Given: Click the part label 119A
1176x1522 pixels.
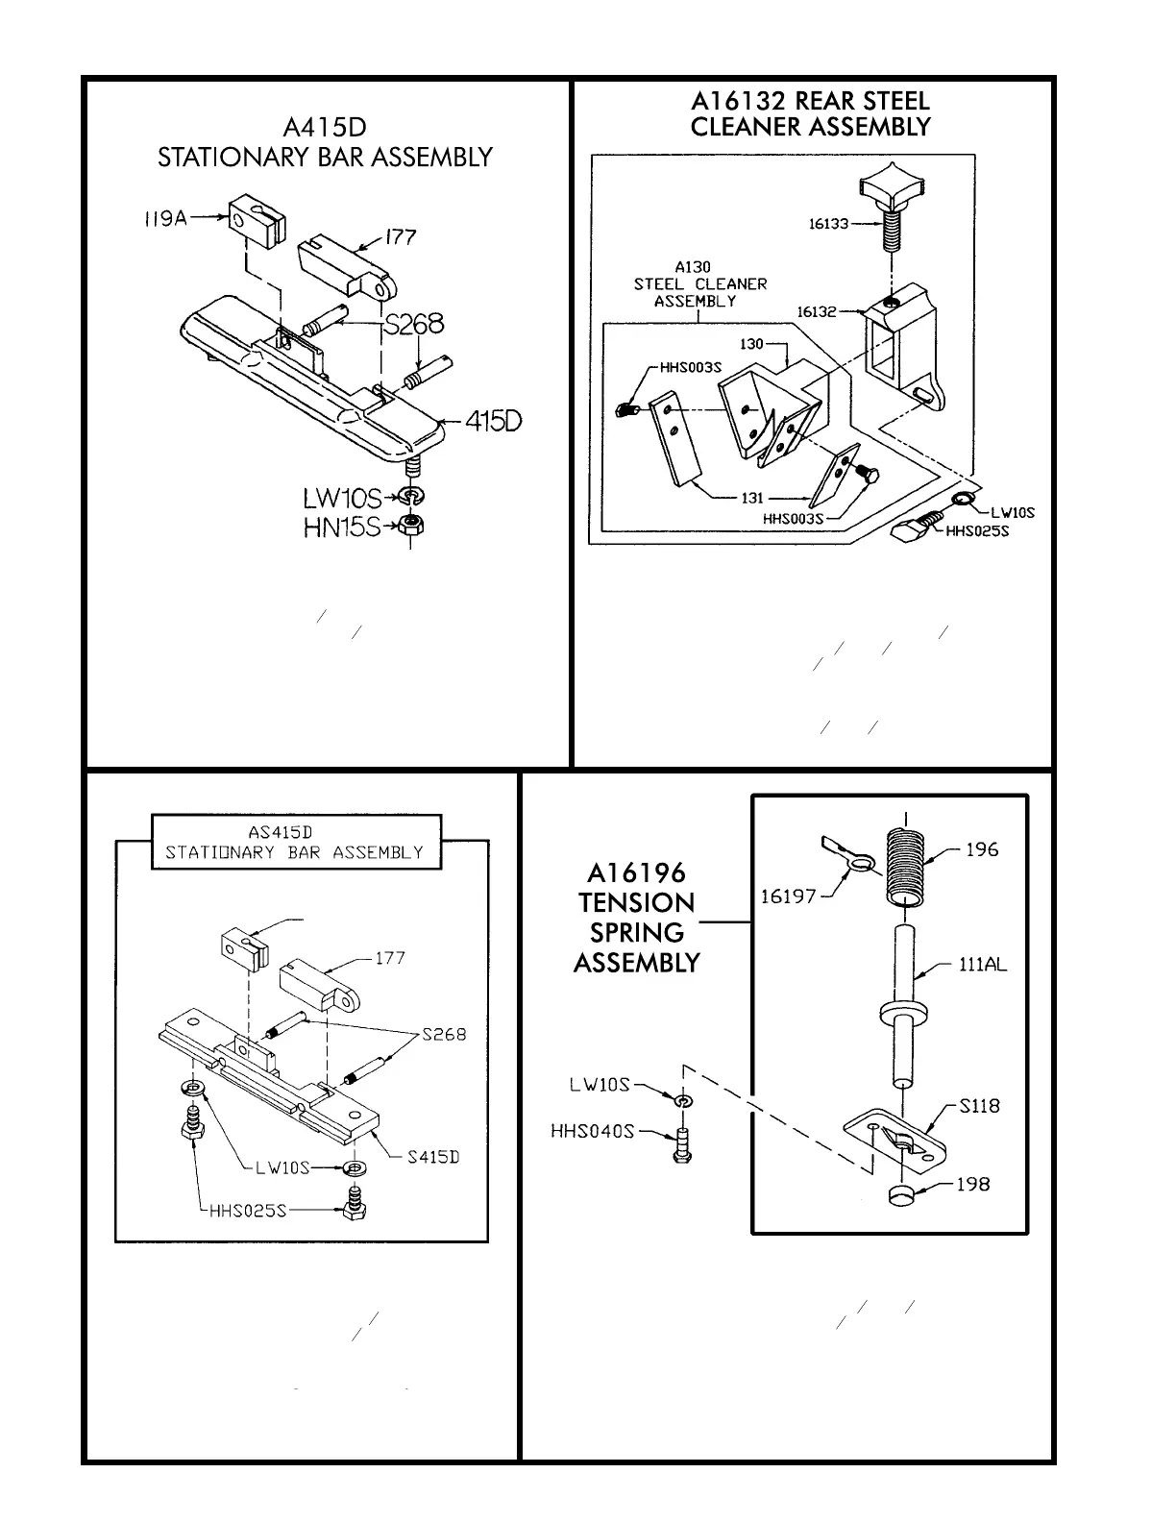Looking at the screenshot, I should (x=159, y=219).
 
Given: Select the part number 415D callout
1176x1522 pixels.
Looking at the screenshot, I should (x=493, y=421).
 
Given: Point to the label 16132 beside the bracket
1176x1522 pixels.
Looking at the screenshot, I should (x=817, y=311).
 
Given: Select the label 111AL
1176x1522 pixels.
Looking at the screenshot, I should (x=983, y=965).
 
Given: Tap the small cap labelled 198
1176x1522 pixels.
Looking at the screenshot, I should (x=901, y=1195).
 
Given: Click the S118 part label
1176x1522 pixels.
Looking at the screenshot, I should (x=979, y=1106).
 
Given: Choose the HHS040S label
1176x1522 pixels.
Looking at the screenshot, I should (x=593, y=1131).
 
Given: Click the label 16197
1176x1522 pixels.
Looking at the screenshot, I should (x=788, y=896).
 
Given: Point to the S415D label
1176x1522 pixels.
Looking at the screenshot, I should (x=432, y=1157).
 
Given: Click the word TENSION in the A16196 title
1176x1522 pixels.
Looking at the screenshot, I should (x=636, y=903).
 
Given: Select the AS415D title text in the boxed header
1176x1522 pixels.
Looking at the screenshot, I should (x=296, y=832).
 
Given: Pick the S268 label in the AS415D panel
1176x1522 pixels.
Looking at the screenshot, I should (x=444, y=1034).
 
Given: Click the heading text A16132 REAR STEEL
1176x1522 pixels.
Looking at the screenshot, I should (x=810, y=101).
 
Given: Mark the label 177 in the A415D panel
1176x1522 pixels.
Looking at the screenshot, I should (x=400, y=235).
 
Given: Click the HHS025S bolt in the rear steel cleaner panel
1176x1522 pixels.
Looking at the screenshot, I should (x=918, y=527).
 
